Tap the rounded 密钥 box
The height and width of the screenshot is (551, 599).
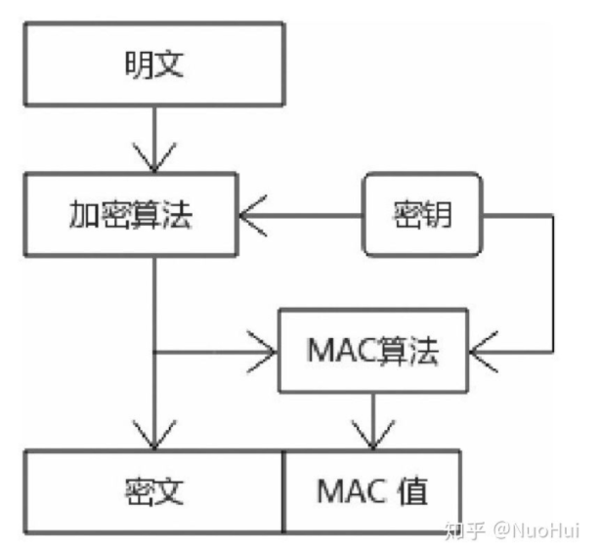[422, 213]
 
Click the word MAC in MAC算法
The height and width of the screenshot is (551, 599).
[338, 350]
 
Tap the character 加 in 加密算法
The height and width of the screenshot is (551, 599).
[82, 214]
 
